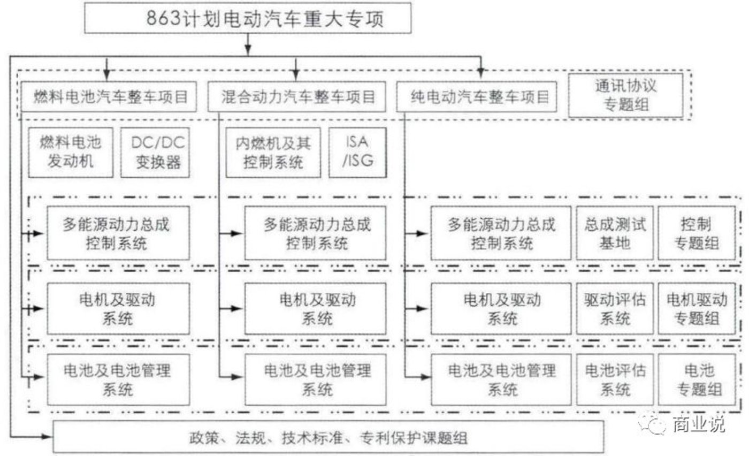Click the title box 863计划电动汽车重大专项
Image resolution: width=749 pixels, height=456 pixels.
[x=248, y=18]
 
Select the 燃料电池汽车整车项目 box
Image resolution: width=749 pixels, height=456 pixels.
[x=109, y=97]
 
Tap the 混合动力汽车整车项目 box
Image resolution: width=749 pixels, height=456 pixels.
[x=296, y=97]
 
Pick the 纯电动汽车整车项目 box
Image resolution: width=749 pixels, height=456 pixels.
[x=477, y=97]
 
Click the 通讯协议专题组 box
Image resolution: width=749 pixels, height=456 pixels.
[x=625, y=95]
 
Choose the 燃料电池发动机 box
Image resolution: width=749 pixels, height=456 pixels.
[x=71, y=153]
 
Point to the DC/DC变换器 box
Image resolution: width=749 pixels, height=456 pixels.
[x=155, y=153]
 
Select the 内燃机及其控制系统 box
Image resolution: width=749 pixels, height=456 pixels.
[x=273, y=153]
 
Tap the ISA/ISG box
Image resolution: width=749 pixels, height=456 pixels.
[x=357, y=153]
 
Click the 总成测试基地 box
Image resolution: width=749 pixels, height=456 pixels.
[x=615, y=233]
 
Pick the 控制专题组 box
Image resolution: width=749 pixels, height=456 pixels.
[x=697, y=233]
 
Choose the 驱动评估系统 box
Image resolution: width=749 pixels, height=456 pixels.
[x=615, y=308]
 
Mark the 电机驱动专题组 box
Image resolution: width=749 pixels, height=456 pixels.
[x=697, y=308]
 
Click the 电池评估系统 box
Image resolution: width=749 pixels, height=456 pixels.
[x=615, y=379]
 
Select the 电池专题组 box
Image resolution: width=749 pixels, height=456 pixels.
[x=697, y=379]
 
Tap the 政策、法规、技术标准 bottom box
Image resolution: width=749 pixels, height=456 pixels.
[x=328, y=437]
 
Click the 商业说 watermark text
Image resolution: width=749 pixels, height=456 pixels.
[x=699, y=424]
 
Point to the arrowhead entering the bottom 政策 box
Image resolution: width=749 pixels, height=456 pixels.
[x=47, y=436]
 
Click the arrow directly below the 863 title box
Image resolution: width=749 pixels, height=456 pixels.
[x=248, y=44]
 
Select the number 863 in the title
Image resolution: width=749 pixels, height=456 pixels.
[x=164, y=18]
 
